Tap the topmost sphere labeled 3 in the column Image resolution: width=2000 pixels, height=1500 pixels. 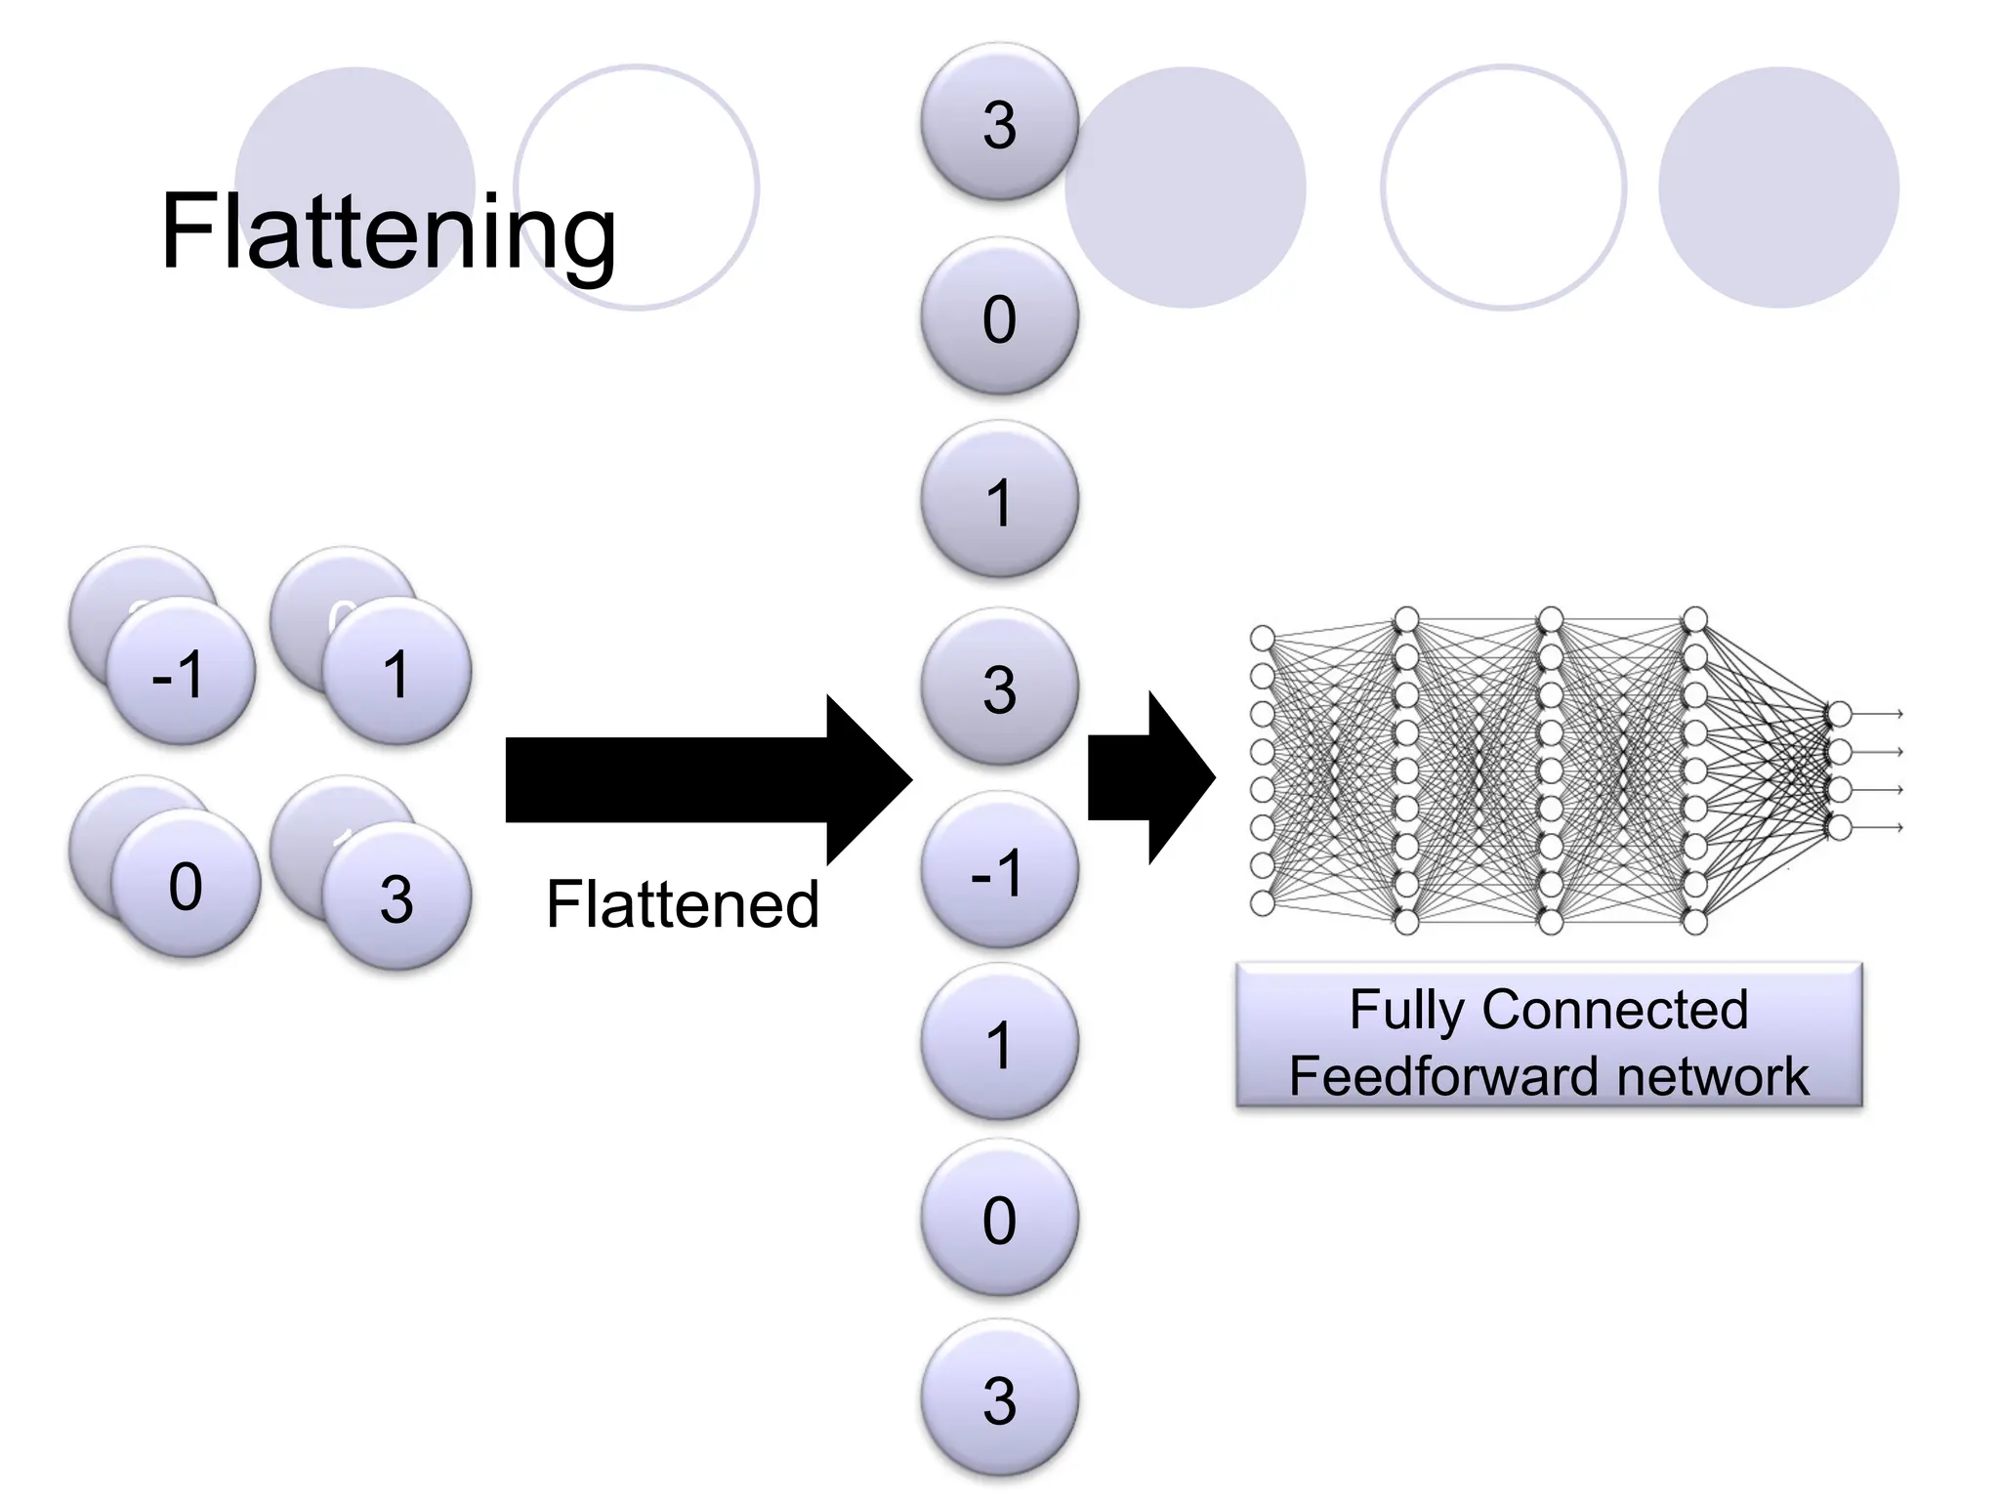[999, 123]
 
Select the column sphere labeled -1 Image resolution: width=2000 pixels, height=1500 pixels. [999, 870]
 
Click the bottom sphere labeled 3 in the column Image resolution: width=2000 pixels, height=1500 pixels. [999, 1398]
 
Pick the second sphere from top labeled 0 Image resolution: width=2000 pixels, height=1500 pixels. [999, 316]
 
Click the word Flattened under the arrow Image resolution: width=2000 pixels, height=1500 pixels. [682, 903]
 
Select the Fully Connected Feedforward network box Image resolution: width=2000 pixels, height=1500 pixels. [1549, 1035]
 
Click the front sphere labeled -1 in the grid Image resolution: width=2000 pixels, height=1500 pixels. [180, 672]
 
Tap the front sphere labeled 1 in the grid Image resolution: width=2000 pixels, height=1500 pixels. [396, 672]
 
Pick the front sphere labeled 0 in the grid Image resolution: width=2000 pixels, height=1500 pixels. [186, 884]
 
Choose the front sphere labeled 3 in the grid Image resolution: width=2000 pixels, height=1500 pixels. [396, 896]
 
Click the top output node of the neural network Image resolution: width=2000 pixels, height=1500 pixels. [1839, 714]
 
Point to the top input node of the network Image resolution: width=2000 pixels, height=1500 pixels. [1263, 639]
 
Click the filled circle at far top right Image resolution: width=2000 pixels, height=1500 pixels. [1778, 187]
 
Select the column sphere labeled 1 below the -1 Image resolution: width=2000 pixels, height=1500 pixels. [999, 1042]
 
